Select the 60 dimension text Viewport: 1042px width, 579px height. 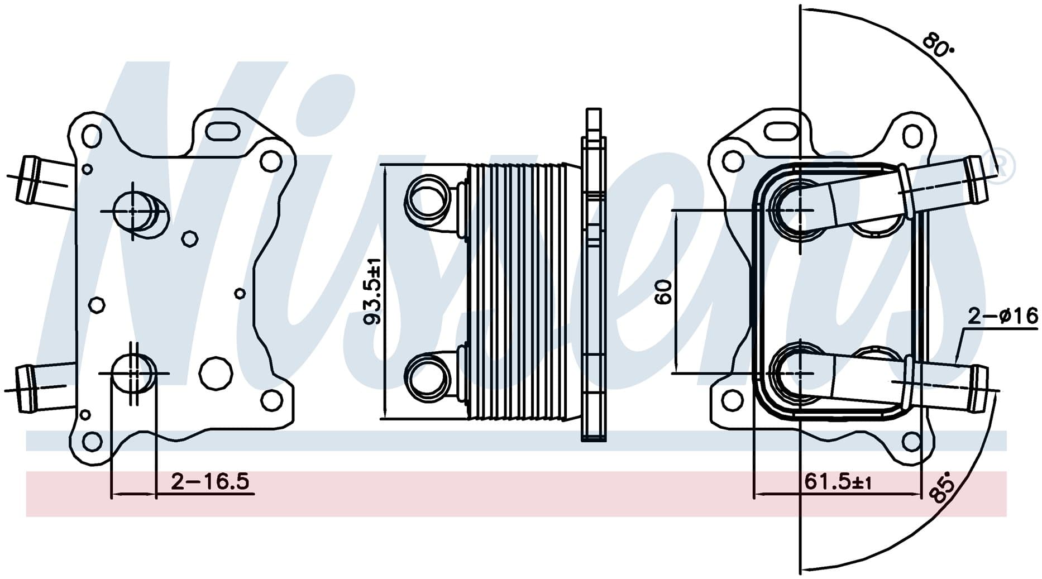[663, 292]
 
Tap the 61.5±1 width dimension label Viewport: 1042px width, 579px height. [838, 481]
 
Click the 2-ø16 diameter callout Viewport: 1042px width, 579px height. [1002, 317]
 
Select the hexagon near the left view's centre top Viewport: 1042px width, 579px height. [190, 238]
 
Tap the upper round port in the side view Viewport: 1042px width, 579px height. [428, 197]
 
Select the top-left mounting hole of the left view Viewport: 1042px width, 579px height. [91, 135]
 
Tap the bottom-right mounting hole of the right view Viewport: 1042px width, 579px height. [911, 442]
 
